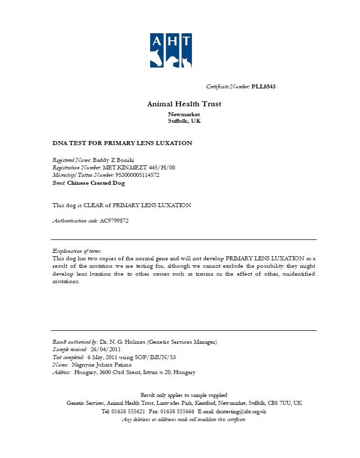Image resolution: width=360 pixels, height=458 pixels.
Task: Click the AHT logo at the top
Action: click(x=171, y=50)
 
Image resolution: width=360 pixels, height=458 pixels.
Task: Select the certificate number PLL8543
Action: click(x=264, y=86)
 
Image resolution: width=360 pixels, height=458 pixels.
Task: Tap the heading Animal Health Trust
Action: click(x=184, y=104)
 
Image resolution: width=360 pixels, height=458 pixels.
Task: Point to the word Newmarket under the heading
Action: click(x=184, y=114)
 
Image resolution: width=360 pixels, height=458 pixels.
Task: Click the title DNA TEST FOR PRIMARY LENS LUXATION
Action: click(x=122, y=143)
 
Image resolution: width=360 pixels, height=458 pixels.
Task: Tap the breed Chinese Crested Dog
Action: click(x=96, y=183)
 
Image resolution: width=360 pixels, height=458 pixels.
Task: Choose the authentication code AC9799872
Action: click(x=114, y=221)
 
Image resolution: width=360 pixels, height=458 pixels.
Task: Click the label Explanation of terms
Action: click(x=77, y=251)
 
